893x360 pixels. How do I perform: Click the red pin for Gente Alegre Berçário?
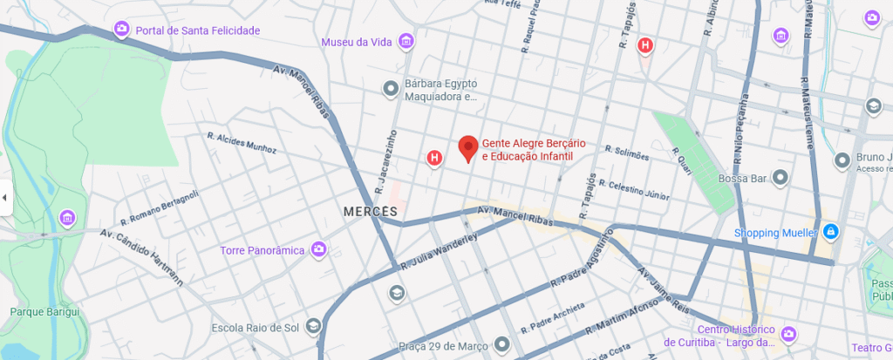point(468,148)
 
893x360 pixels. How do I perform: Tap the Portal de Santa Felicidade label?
point(197,31)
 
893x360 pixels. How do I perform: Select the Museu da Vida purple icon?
point(406,41)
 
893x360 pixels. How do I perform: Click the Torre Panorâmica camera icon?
point(319,250)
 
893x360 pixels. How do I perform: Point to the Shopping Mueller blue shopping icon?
point(831,232)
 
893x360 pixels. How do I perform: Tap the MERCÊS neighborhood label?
point(371,212)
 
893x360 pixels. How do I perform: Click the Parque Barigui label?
point(44,311)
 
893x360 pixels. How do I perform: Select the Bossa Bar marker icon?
point(781,179)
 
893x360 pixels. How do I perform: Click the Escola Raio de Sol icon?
point(313,328)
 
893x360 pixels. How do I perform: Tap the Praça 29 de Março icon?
point(501,343)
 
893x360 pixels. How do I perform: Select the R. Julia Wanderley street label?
point(440,251)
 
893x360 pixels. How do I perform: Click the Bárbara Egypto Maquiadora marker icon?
point(392,87)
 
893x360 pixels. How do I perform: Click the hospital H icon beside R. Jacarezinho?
point(433,158)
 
